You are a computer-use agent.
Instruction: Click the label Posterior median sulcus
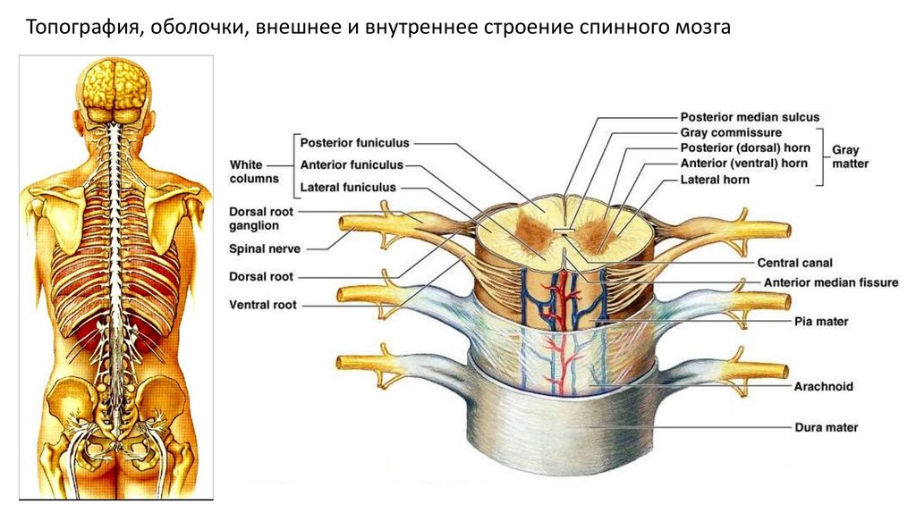(750, 117)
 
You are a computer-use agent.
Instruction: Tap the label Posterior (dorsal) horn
(744, 147)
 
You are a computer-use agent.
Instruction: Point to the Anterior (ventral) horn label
(744, 164)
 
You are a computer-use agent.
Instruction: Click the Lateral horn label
(715, 179)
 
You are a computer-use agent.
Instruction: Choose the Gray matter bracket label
(850, 156)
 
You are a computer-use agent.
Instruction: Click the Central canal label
(795, 263)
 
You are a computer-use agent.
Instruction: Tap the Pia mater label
(820, 320)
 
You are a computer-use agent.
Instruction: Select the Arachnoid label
(823, 387)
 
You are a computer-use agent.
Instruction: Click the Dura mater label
(826, 427)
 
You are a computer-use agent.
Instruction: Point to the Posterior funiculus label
(354, 142)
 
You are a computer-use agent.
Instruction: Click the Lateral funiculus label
(348, 188)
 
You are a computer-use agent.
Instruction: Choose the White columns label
(254, 172)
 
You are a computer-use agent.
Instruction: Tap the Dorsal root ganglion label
(267, 219)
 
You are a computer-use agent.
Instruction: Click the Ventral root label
(262, 305)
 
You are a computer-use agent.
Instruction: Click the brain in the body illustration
(115, 85)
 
